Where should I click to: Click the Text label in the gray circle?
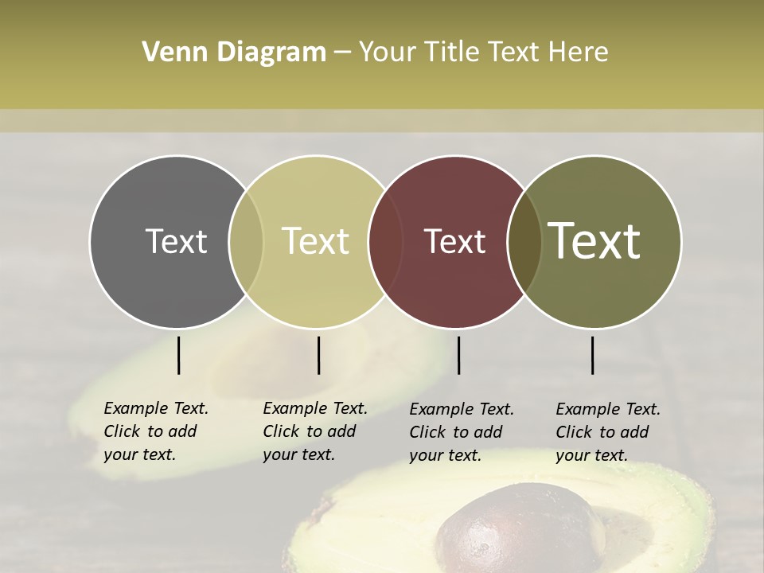coord(176,241)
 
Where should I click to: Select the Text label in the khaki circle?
coord(316,241)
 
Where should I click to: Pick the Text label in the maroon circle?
coord(455,241)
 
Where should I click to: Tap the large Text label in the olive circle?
coord(594,241)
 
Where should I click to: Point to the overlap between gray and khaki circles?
coord(246,241)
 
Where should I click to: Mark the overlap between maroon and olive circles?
coord(524,241)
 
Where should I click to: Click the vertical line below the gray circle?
coord(178,355)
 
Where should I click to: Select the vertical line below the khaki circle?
coord(318,355)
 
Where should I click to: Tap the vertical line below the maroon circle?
coord(458,355)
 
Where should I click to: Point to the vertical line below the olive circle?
coord(592,355)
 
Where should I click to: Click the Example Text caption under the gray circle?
coord(156,431)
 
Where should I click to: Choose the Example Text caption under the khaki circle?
coord(315,431)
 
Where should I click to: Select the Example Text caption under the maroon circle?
coord(462,432)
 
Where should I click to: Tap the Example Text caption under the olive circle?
coord(608,432)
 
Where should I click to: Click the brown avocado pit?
coord(509,529)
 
